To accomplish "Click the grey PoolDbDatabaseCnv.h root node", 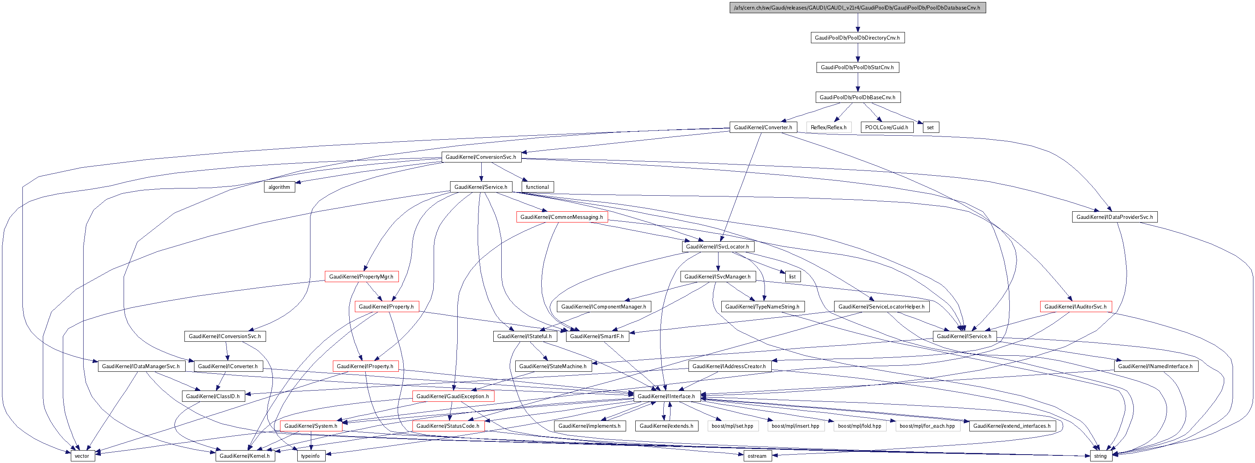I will click(857, 8).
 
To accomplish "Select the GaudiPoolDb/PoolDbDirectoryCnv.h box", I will click(857, 38).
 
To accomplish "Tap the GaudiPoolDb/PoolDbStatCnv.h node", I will click(857, 67).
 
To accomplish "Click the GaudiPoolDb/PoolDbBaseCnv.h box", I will click(857, 98).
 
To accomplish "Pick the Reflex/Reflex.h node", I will click(828, 127).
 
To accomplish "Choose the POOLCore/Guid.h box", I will click(887, 127).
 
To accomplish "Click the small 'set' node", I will click(930, 127).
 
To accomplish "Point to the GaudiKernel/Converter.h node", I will click(763, 127).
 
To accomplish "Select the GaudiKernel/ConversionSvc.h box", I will click(481, 157).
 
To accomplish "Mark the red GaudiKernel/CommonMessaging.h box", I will click(562, 217).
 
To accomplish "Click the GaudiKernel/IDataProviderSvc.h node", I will click(1114, 217).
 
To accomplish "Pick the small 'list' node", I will click(792, 277).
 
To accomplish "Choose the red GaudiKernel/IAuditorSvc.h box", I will click(1075, 307).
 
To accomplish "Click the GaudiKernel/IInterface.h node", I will click(667, 396).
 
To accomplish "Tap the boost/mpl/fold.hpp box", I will click(859, 426).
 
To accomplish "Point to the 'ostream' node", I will click(757, 456).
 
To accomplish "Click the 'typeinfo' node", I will click(310, 456).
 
